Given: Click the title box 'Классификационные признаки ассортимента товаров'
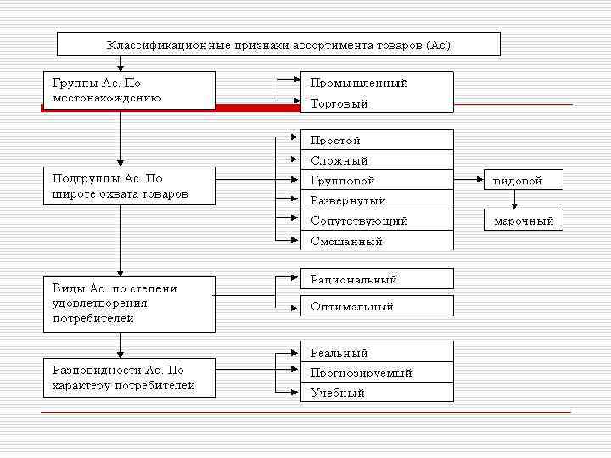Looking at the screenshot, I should pos(278,45).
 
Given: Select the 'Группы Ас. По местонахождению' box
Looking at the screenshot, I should pos(128,90).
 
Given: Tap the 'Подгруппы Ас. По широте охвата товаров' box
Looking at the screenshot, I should pos(128,187).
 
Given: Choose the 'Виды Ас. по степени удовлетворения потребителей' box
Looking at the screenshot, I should pos(128,304).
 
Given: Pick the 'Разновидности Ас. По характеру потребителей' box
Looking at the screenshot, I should pos(128,377).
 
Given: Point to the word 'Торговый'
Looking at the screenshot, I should pos(339,103).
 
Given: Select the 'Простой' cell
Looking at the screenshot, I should pos(377,140).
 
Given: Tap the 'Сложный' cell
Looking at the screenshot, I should pos(377,160).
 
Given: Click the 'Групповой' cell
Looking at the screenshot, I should pos(377,181).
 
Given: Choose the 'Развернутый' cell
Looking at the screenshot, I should pos(377,201).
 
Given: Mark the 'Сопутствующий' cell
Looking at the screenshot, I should pos(377,221).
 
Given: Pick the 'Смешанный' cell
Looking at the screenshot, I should pos(377,241).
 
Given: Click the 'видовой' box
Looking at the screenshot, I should pos(524,181).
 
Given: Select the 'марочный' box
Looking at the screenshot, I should pos(524,221).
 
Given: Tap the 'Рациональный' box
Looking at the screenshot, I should pos(377,279).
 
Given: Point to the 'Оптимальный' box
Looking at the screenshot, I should pos(377,306).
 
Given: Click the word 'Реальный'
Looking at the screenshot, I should pos(339,353).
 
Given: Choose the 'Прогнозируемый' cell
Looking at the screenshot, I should pos(377,372).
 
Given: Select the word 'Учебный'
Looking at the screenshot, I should pos(338,393).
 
